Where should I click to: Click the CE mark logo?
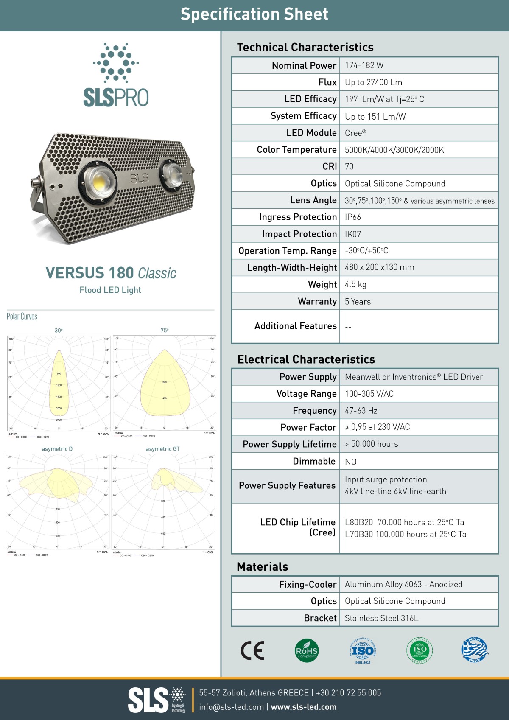[x=252, y=650]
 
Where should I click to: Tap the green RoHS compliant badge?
[x=307, y=650]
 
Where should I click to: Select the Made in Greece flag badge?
[x=475, y=650]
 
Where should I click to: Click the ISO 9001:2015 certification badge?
[x=362, y=650]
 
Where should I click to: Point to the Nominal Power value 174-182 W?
[x=364, y=65]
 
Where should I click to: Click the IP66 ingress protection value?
[x=352, y=217]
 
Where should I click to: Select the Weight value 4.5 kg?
[x=355, y=284]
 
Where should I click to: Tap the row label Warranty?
[x=317, y=301]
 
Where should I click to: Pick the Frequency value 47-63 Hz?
[x=361, y=411]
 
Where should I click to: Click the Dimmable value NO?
[x=350, y=462]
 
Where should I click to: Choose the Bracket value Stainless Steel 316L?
[x=381, y=618]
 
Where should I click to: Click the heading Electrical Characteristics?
[x=306, y=359]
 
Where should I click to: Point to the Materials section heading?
[x=262, y=567]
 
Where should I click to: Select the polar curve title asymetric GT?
[x=163, y=449]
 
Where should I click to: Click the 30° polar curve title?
[x=59, y=331]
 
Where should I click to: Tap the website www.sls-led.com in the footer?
[x=304, y=707]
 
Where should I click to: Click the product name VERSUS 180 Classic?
[x=111, y=273]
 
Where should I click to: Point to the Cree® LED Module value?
[x=355, y=133]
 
